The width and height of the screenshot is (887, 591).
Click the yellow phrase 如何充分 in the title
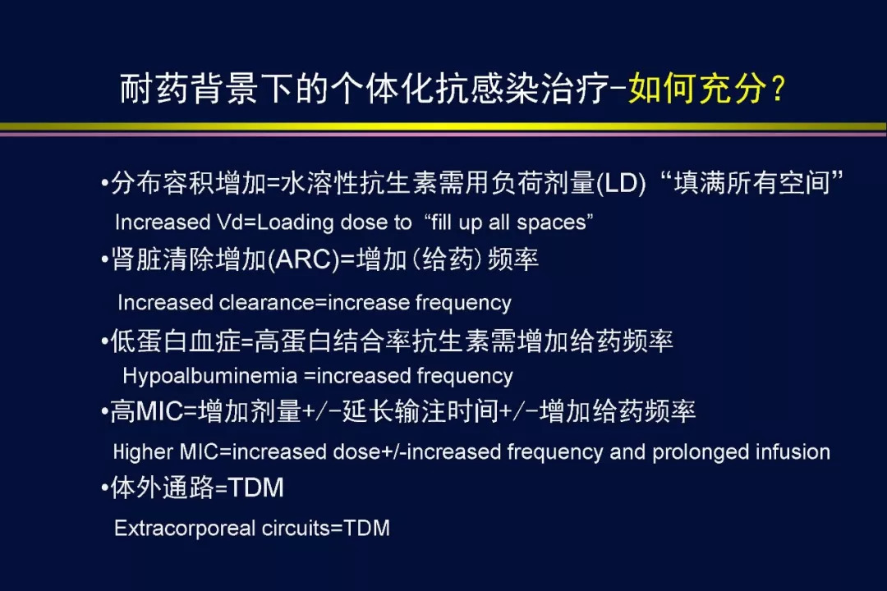pos(696,88)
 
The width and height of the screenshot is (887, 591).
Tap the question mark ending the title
pos(779,89)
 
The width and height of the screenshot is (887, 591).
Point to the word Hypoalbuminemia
pos(210,375)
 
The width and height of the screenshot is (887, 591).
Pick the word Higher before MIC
pos(143,452)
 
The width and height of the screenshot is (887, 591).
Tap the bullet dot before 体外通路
pos(104,488)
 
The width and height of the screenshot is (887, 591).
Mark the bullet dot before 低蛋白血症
pos(104,341)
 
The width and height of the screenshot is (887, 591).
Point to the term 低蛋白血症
pos(176,341)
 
